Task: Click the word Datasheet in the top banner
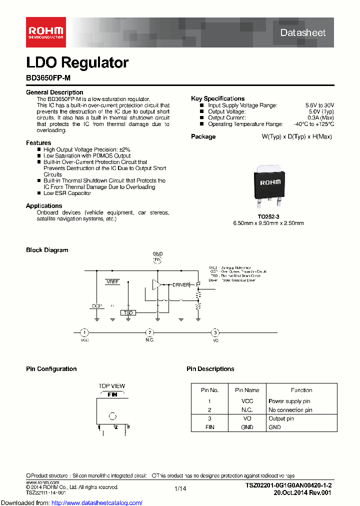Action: pos(302,32)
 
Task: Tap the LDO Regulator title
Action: pos(77,62)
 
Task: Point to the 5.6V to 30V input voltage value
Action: pos(319,105)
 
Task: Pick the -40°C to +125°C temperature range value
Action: pos(313,124)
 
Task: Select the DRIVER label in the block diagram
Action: pos(181,285)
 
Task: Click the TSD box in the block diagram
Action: pos(127,312)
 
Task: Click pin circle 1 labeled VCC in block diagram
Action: pos(84,332)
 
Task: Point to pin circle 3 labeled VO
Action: pos(215,332)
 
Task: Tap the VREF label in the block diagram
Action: pos(112,282)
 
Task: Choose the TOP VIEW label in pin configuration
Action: pos(112,386)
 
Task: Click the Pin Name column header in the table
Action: pos(247,390)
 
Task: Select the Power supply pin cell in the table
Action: pos(289,401)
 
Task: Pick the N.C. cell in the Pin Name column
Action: pos(247,410)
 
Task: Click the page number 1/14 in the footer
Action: pos(180,488)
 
